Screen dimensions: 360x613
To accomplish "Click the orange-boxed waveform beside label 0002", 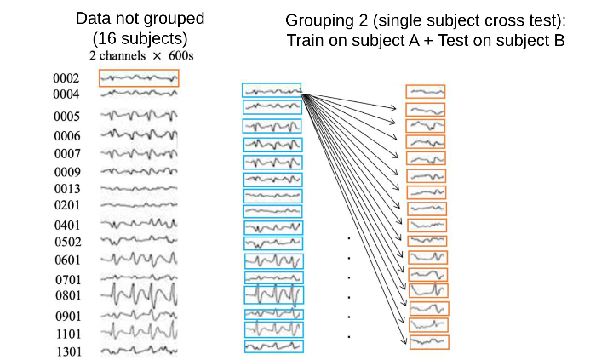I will point(139,78).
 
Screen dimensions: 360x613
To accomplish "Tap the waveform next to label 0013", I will point(139,188).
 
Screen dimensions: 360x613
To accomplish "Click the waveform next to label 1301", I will point(139,350).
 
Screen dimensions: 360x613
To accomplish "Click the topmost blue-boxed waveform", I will point(272,90).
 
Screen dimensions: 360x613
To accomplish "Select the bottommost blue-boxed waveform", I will point(274,346).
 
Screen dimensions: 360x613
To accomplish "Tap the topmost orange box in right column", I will point(425,92).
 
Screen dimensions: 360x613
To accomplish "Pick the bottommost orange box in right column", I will point(429,342).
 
